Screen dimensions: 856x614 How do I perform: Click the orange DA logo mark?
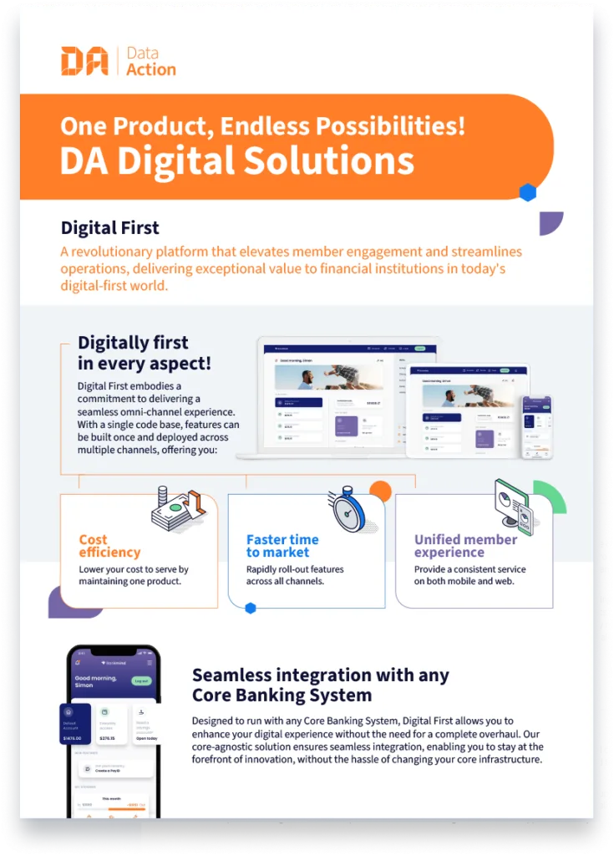click(84, 61)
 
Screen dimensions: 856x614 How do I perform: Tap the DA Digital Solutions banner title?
click(236, 160)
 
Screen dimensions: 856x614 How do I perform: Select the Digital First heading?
click(109, 227)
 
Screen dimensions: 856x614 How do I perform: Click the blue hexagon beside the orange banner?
click(527, 193)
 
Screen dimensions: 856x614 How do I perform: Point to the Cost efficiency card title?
click(109, 546)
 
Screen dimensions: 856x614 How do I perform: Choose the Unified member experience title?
click(465, 546)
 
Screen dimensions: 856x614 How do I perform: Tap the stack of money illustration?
click(177, 507)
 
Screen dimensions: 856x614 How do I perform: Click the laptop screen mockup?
click(330, 396)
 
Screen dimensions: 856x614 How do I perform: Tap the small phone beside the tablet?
click(537, 426)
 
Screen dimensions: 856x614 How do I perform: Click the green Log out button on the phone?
click(142, 680)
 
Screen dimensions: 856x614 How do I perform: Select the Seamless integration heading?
click(321, 685)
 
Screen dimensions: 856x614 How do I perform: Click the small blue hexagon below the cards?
click(250, 609)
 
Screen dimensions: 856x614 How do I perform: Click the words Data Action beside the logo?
click(150, 61)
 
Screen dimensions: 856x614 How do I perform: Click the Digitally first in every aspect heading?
click(144, 353)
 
